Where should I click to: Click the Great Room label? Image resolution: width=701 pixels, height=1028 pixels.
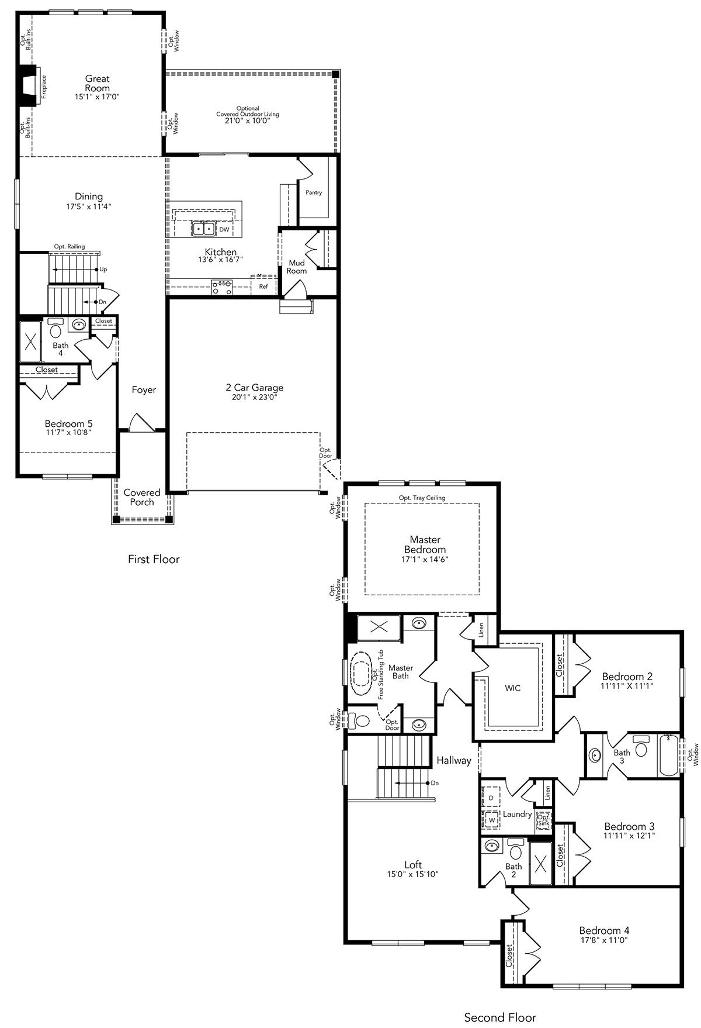point(98,84)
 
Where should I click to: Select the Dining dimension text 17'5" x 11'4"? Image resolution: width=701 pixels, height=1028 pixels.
point(89,206)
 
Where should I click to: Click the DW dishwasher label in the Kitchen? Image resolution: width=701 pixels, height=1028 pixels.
point(224,230)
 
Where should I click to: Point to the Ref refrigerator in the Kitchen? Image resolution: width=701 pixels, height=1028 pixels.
point(263,286)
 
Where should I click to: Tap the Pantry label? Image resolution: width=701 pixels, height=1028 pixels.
point(314,192)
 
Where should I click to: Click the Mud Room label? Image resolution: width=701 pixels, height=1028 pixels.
point(297,267)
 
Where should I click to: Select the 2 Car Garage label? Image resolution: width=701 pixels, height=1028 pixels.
point(255,388)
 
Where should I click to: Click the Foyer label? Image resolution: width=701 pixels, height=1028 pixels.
point(144,390)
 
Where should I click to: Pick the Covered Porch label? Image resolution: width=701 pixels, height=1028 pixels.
point(142,497)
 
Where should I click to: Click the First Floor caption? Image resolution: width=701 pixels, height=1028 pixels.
point(154,559)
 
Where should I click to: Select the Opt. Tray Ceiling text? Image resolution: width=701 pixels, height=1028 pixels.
point(422,498)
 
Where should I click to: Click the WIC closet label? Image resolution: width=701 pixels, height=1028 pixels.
point(513,688)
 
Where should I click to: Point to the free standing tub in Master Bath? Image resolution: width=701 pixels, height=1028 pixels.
point(361,674)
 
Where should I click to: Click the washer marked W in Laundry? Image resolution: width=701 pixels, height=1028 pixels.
point(491,820)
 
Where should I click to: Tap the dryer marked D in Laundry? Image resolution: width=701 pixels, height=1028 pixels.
point(491,797)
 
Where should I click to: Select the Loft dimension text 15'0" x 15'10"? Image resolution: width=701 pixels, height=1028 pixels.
point(413,874)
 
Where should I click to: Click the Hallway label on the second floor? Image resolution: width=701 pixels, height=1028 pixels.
point(454,761)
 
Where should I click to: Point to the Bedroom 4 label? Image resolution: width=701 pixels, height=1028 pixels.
point(604,930)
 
